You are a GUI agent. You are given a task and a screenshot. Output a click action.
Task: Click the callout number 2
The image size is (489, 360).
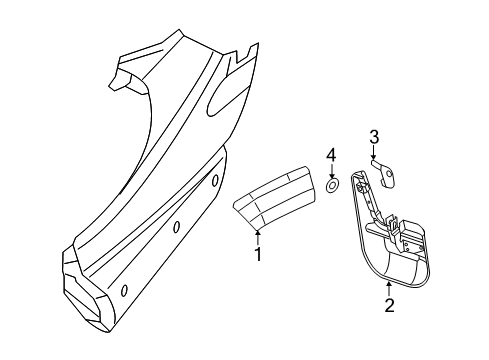point(389,306)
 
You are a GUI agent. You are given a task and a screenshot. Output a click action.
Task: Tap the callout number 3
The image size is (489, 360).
point(373,138)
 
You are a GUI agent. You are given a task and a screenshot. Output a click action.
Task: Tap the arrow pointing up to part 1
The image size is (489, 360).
point(258,236)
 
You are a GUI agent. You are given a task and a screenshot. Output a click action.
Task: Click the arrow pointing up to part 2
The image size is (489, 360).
point(389,288)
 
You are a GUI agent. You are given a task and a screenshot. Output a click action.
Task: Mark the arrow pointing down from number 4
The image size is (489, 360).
point(333,171)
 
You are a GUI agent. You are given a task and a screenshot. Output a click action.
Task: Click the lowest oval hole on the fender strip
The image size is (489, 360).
point(124,290)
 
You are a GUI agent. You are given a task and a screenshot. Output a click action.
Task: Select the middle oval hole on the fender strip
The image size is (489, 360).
point(175,228)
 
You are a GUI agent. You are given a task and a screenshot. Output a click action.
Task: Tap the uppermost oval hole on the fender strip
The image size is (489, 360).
point(215,181)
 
